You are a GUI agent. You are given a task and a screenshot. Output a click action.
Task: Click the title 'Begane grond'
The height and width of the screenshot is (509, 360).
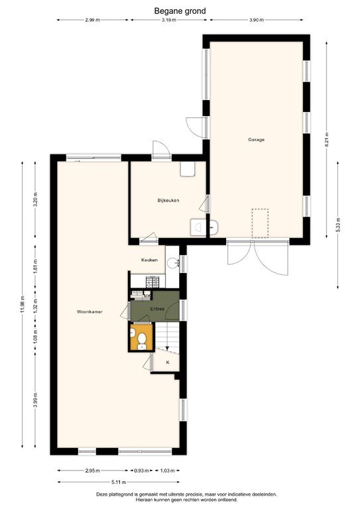pyautogui.click(x=180, y=11)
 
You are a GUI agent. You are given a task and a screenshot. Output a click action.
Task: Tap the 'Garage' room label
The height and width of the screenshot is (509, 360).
pyautogui.click(x=257, y=140)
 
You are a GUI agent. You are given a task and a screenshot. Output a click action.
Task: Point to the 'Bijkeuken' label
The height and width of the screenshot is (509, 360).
pyautogui.click(x=168, y=201)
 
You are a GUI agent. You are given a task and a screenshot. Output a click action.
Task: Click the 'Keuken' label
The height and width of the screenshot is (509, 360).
pyautogui.click(x=149, y=260)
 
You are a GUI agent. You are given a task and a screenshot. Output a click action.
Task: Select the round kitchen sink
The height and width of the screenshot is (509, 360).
pyautogui.click(x=172, y=263)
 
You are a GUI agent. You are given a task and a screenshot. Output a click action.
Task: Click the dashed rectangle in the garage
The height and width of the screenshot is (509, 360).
pyautogui.click(x=260, y=223)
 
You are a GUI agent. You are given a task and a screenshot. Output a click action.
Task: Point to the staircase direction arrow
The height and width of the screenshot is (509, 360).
pyautogui.click(x=167, y=349)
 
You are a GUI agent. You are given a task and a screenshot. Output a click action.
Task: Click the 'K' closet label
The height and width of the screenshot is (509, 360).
pyautogui.click(x=167, y=363)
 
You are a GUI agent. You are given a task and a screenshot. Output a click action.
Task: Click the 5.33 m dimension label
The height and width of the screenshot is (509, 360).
pyautogui.click(x=337, y=223)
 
